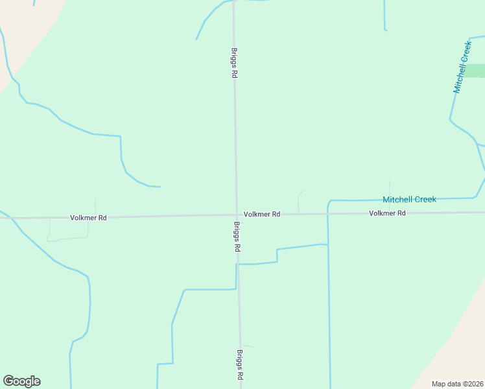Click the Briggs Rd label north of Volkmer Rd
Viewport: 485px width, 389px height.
pos(233,63)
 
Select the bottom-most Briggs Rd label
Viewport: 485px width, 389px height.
pos(240,365)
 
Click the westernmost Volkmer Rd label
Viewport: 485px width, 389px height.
pos(88,218)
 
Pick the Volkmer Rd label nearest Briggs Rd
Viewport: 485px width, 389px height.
pos(262,214)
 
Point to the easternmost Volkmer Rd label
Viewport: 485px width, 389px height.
pos(387,213)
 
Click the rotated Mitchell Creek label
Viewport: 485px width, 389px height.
pos(462,67)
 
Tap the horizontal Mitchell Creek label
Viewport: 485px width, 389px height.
pos(409,200)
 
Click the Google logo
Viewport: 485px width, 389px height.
pos(21,381)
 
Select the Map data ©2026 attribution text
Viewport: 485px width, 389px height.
pos(457,384)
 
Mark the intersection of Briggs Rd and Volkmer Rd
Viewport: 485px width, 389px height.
pos(236,215)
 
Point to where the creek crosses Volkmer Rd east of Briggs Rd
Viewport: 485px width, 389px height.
pos(328,213)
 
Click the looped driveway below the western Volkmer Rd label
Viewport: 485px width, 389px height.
pos(65,238)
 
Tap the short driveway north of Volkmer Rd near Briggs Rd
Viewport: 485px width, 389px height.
pos(298,201)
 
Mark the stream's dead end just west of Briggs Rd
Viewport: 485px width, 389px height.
pos(160,187)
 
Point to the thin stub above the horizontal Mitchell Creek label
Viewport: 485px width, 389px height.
pos(390,187)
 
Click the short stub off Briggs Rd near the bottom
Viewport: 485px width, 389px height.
pos(248,346)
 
